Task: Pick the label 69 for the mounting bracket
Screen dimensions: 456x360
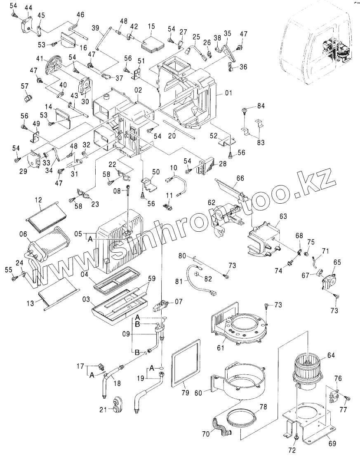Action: click(332, 444)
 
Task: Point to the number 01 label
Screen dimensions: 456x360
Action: click(228, 94)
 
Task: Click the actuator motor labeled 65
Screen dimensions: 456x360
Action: click(329, 280)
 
